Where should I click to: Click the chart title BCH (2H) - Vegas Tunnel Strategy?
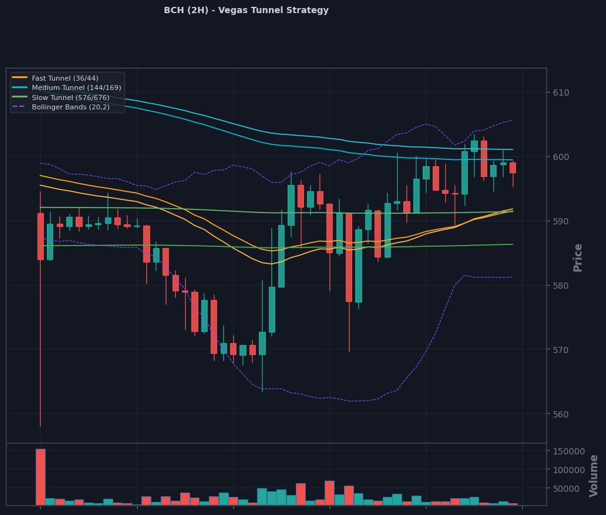click(246, 11)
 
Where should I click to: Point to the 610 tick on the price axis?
click(561, 92)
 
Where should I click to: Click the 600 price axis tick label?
click(561, 157)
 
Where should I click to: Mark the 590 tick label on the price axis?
click(561, 221)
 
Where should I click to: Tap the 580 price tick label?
click(561, 286)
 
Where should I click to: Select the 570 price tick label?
click(561, 350)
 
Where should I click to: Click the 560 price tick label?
click(561, 414)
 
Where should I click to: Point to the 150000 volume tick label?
click(569, 451)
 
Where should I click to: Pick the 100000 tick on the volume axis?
click(569, 470)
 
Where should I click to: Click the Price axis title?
click(578, 257)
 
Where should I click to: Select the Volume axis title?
click(593, 476)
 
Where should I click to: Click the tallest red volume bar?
click(41, 477)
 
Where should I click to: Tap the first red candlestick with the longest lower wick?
click(41, 236)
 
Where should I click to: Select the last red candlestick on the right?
click(513, 167)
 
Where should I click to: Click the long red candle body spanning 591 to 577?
click(349, 257)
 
